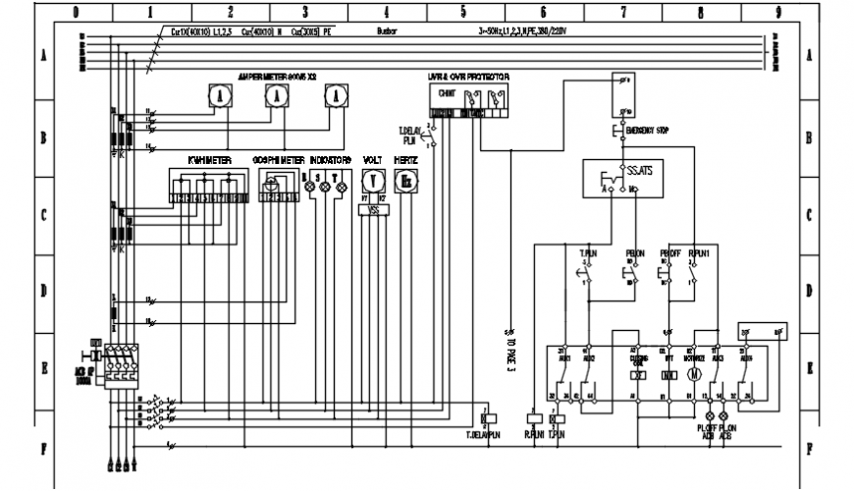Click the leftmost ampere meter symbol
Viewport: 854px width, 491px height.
tap(220, 95)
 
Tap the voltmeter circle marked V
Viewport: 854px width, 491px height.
tap(372, 181)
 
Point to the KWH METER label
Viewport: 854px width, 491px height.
tap(209, 158)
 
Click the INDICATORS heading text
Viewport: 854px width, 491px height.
tap(330, 158)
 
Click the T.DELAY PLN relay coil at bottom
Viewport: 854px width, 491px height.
tap(484, 416)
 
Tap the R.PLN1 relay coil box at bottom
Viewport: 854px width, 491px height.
tap(533, 416)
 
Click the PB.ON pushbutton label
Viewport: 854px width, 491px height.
tap(635, 251)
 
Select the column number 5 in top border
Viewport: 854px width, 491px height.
tap(462, 13)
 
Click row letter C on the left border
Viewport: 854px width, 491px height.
tap(43, 214)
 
